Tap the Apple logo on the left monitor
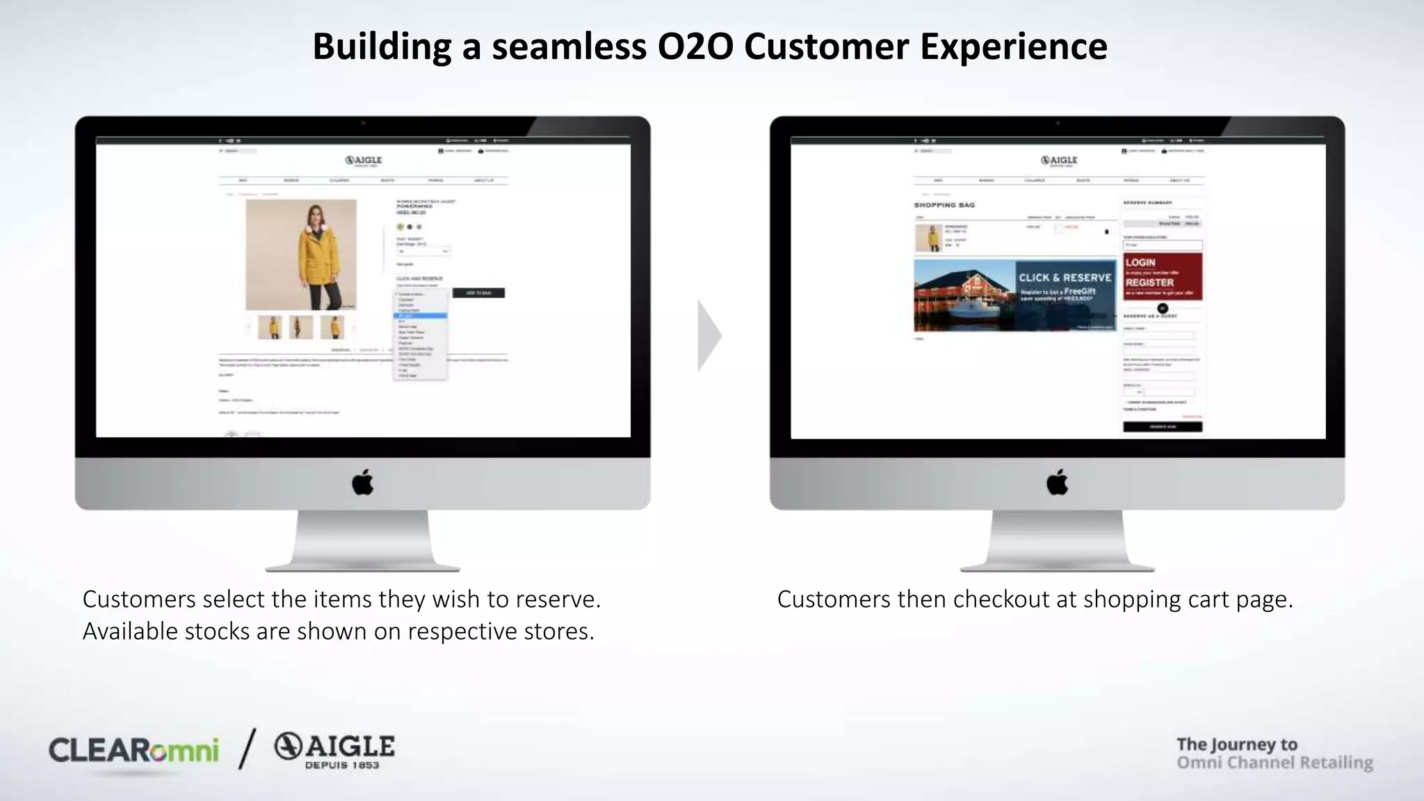362,482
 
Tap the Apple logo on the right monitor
1057,482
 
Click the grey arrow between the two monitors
709,336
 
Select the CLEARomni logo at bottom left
133,751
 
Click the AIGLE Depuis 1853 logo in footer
334,751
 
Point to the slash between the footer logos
247,749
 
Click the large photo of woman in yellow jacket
301,254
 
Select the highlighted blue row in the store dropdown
420,316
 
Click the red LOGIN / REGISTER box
1163,276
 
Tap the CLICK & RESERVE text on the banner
1065,277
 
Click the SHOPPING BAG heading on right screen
944,205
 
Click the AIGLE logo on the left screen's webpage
364,161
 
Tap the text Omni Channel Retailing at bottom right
1275,763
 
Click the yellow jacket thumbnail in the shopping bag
928,238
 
